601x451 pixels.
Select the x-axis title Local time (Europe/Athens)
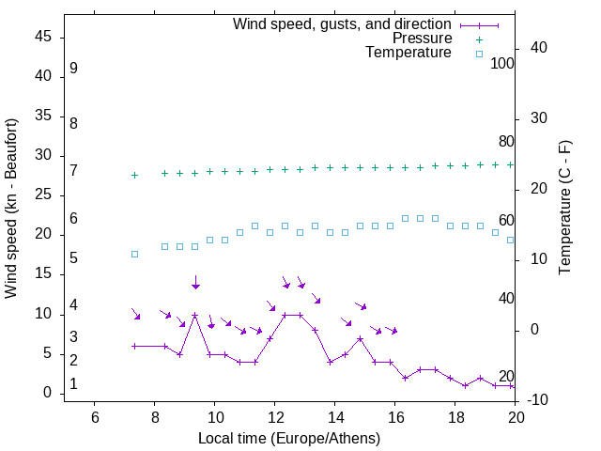[289, 438]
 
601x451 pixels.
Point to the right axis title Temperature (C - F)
[564, 209]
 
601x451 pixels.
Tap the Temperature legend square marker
[479, 54]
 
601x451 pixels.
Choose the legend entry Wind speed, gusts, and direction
[342, 23]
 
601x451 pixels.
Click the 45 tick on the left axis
[43, 37]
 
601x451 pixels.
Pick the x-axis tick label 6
[95, 417]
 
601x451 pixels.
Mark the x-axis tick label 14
[335, 417]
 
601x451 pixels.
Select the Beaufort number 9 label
[73, 69]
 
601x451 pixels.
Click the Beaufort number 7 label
[73, 170]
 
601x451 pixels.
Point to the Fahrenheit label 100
[503, 64]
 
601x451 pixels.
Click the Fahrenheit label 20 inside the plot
[506, 376]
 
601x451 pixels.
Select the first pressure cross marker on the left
[134, 175]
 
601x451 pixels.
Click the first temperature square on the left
[134, 254]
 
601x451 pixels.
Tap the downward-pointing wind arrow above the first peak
[195, 282]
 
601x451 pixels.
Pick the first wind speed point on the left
[134, 346]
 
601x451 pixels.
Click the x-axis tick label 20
[516, 417]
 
